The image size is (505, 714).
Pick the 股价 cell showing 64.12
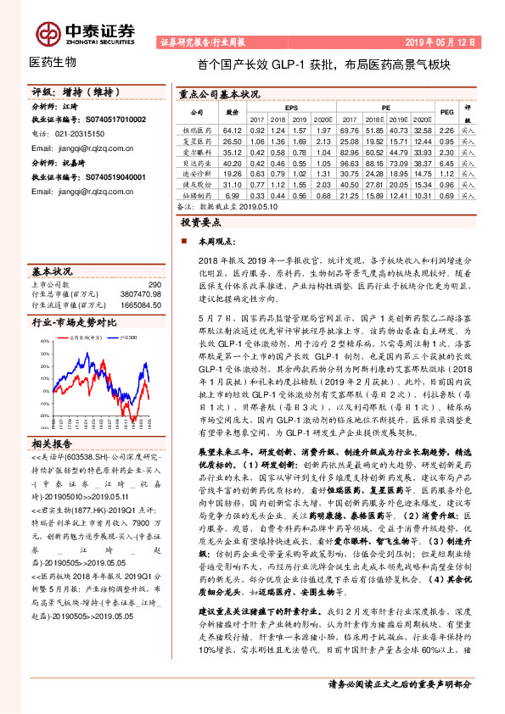pyautogui.click(x=233, y=131)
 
